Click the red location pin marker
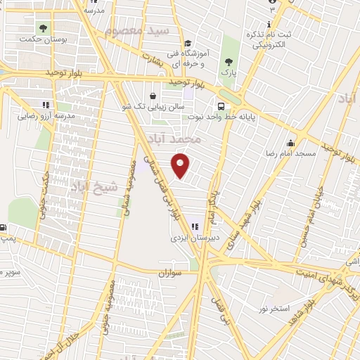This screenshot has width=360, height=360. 181,165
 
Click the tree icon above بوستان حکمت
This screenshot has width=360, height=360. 44,29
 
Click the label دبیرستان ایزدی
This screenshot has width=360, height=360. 195,238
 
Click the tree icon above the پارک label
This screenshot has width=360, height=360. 227,62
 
